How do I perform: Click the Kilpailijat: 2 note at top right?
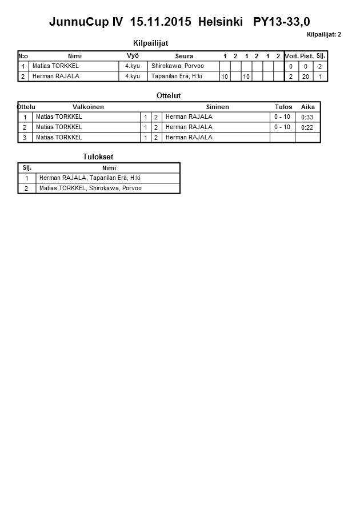click(x=323, y=34)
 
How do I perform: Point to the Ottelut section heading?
click(x=169, y=95)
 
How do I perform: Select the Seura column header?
click(x=184, y=56)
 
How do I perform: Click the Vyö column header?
click(x=133, y=55)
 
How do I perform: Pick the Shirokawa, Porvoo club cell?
click(x=177, y=66)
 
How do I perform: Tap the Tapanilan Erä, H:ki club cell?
click(x=177, y=76)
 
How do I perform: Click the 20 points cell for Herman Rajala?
click(x=305, y=77)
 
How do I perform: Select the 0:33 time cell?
click(x=307, y=117)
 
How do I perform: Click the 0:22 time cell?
click(x=307, y=127)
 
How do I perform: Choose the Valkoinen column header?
click(x=88, y=107)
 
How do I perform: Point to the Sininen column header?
click(x=217, y=107)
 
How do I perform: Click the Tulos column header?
click(x=283, y=107)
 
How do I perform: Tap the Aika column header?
click(x=307, y=107)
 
